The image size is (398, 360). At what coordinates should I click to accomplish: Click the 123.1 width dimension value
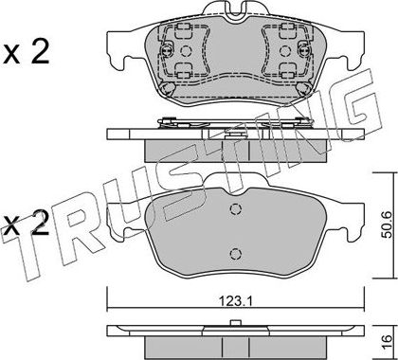click(235, 301)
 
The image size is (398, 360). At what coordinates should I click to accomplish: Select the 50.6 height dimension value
click(387, 225)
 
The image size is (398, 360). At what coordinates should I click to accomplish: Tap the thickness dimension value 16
click(388, 343)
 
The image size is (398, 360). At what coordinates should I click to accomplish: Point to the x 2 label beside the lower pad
click(27, 224)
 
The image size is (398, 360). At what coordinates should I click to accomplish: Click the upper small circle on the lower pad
click(235, 208)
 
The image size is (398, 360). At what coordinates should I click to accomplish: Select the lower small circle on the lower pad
click(235, 253)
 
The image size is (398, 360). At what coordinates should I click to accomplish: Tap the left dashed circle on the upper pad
click(186, 51)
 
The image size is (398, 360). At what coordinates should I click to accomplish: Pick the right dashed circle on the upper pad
click(285, 51)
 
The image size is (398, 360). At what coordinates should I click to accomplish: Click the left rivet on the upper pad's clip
click(167, 50)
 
